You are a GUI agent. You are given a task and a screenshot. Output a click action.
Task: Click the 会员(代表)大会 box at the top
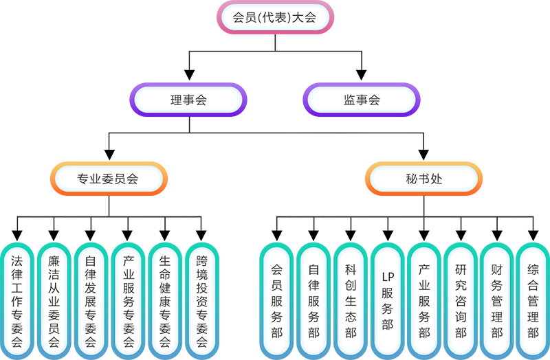point(275,18)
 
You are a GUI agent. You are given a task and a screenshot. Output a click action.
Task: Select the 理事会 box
point(189,100)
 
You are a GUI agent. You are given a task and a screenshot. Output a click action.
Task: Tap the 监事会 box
point(362,100)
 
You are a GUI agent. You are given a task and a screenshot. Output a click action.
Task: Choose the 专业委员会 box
point(108,179)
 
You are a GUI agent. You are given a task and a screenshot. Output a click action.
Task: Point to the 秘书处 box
point(423,179)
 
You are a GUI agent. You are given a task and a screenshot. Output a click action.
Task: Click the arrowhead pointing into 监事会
point(362,76)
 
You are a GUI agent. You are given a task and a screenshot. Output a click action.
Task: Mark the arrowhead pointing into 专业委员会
point(108,156)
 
